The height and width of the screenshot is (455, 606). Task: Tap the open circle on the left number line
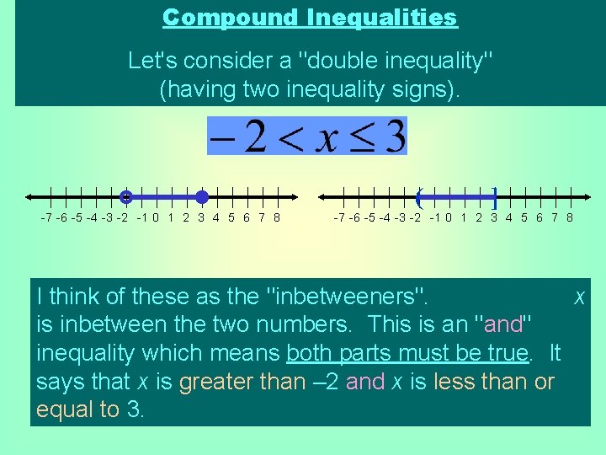click(125, 197)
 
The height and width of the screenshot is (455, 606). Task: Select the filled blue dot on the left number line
click(202, 197)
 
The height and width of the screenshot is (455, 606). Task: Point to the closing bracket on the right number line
click(495, 198)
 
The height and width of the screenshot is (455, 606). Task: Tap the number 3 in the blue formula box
click(394, 136)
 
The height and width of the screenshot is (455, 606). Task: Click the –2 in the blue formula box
click(238, 136)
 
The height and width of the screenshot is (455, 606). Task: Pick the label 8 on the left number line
click(277, 217)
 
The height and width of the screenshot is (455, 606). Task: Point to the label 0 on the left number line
click(157, 217)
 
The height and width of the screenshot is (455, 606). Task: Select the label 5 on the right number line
click(524, 217)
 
